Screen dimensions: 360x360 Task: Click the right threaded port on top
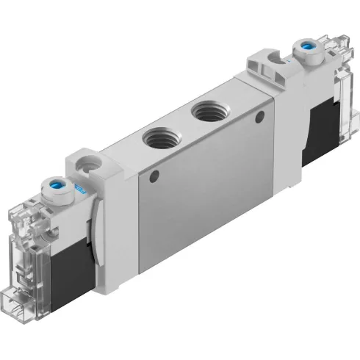[x=204, y=113]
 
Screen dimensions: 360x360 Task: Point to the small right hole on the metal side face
[x=257, y=118]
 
